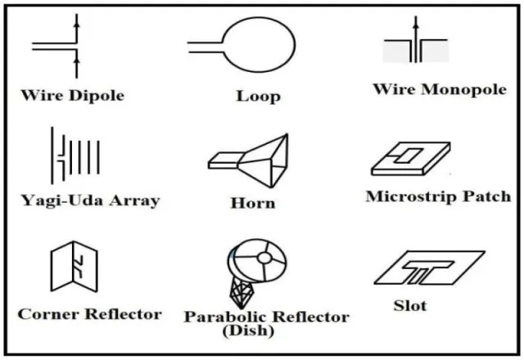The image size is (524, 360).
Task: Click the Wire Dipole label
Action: pyautogui.click(x=73, y=95)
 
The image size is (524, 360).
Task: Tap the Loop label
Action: pyautogui.click(x=259, y=97)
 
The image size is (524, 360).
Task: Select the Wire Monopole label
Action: pyautogui.click(x=440, y=89)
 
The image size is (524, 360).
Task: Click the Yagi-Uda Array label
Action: pyautogui.click(x=90, y=200)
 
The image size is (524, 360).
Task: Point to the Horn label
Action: pyautogui.click(x=253, y=203)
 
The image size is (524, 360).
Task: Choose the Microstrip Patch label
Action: pyautogui.click(x=439, y=196)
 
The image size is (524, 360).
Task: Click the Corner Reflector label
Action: pyautogui.click(x=89, y=314)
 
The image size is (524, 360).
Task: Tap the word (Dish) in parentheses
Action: pyautogui.click(x=248, y=331)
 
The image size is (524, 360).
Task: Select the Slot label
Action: pyautogui.click(x=410, y=305)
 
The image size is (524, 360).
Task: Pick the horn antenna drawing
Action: pyautogui.click(x=248, y=160)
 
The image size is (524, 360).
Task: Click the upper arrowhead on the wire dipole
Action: pyautogui.click(x=76, y=24)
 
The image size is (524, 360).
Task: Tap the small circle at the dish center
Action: pyautogui.click(x=264, y=259)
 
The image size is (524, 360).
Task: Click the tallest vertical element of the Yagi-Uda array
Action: pyautogui.click(x=52, y=155)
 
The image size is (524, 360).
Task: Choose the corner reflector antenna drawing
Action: pyautogui.click(x=75, y=266)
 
